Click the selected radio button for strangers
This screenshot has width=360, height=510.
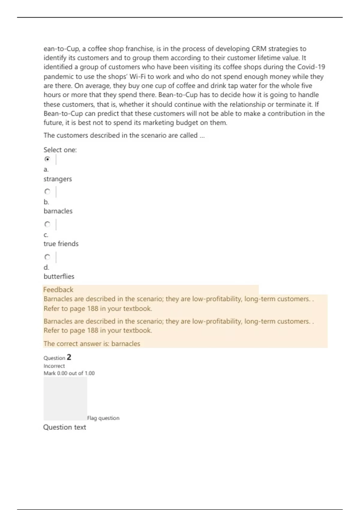[x=47, y=159]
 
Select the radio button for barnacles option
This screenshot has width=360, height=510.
[x=47, y=191]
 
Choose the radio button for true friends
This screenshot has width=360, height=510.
[x=47, y=224]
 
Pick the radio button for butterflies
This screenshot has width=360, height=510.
[x=47, y=257]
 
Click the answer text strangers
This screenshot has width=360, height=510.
[x=58, y=179]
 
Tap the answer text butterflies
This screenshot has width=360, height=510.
[x=59, y=277]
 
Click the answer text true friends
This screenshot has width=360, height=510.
[x=61, y=244]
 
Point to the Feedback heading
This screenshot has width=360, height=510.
[x=58, y=290]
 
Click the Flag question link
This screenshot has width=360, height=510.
[x=103, y=418]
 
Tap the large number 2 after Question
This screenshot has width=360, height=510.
[x=69, y=357]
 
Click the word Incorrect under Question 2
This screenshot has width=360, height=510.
[x=54, y=366]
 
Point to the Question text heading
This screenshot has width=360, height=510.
[x=64, y=427]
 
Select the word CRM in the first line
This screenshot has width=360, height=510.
[x=259, y=49]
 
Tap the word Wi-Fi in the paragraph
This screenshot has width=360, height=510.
[x=137, y=76]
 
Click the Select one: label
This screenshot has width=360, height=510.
[x=60, y=150]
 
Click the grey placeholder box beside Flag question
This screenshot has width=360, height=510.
[x=65, y=398]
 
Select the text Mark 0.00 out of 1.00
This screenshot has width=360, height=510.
[x=69, y=373]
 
